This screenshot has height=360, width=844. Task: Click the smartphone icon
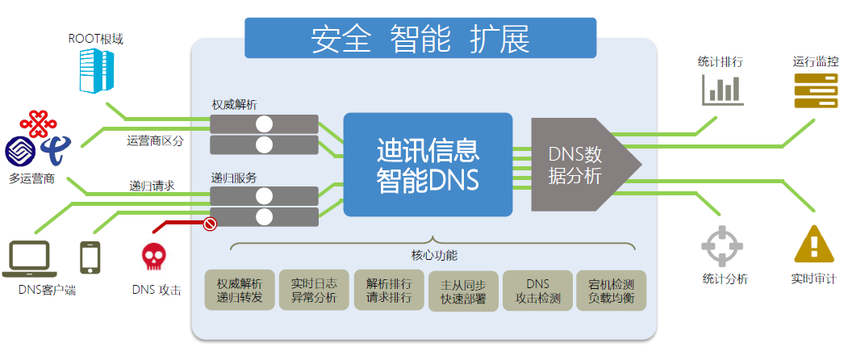[x=90, y=258]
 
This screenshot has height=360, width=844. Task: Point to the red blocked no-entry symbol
[x=210, y=224]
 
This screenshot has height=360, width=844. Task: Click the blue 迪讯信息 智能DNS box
[x=428, y=165]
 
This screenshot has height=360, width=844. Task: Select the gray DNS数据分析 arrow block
[x=581, y=165]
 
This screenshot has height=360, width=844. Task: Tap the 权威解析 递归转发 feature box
[x=240, y=291]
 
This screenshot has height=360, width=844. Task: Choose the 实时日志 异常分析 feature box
[x=314, y=291]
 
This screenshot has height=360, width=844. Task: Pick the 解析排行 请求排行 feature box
[x=389, y=291]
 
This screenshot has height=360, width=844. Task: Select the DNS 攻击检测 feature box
[x=537, y=291]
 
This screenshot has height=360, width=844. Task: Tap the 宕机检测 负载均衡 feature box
[x=611, y=291]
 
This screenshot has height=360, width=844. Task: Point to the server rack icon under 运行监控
[x=816, y=90]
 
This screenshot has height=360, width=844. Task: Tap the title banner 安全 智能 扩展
[x=420, y=39]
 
